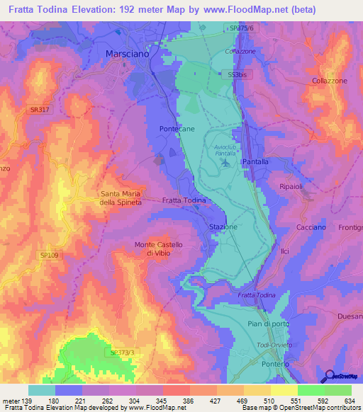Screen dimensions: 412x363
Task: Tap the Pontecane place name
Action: [x=177, y=128]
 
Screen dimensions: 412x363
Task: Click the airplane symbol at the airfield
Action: [x=225, y=163]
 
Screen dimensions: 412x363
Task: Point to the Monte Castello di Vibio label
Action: [x=159, y=248]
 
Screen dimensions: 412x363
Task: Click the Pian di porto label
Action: [x=264, y=324]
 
